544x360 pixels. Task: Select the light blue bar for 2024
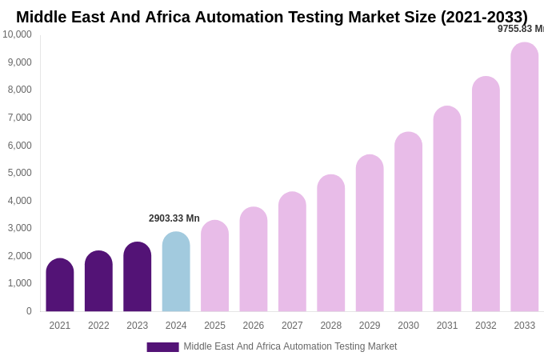click(176, 272)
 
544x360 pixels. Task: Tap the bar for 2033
click(525, 177)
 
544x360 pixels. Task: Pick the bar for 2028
click(331, 243)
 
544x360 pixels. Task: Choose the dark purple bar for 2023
click(138, 277)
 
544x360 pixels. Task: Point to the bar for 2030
click(408, 222)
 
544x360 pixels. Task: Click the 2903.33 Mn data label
click(174, 218)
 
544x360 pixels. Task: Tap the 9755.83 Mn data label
click(520, 29)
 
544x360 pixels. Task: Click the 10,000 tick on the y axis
click(17, 34)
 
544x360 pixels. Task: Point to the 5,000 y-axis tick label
click(19, 173)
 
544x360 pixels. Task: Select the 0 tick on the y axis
click(29, 311)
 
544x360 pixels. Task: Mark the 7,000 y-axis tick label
click(19, 118)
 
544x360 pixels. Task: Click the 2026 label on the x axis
click(254, 326)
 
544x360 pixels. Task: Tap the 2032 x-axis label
click(486, 326)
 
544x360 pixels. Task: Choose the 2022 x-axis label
click(98, 326)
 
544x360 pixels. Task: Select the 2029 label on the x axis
click(370, 326)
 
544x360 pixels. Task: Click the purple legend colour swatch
click(162, 347)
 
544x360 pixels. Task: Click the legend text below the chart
click(290, 346)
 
